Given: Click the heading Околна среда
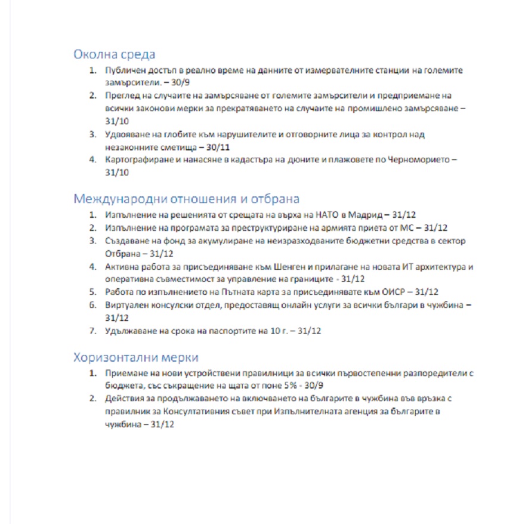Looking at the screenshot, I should pyautogui.click(x=114, y=54).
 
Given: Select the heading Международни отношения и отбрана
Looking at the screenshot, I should pyautogui.click(x=186, y=198).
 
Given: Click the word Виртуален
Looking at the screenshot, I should pyautogui.click(x=125, y=305).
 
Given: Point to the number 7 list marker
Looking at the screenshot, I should pyautogui.click(x=92, y=331).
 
